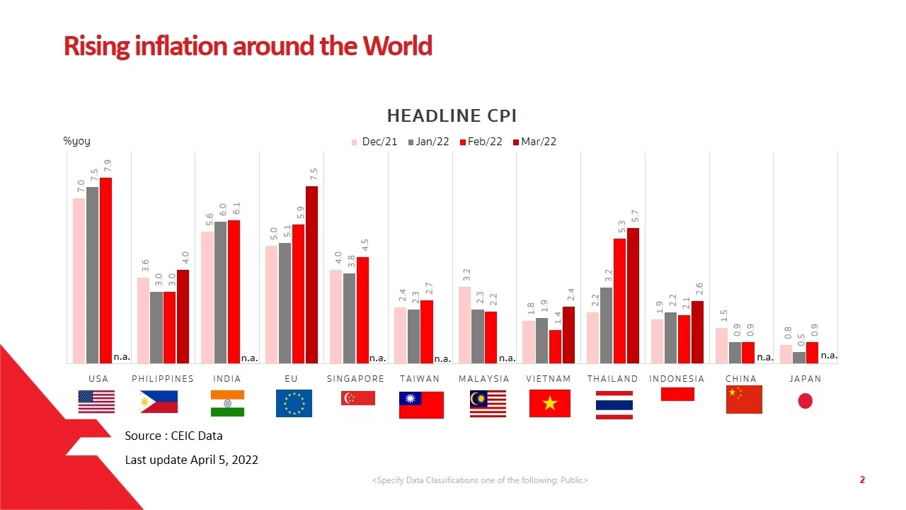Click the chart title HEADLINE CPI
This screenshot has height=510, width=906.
tap(452, 115)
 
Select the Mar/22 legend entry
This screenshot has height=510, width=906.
tap(534, 142)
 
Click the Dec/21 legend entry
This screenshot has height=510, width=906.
tap(375, 142)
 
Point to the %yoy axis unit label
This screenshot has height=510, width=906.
tap(76, 141)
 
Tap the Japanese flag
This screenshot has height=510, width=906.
tap(805, 402)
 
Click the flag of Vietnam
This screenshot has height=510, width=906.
tap(549, 403)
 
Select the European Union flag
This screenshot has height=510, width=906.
tap(293, 403)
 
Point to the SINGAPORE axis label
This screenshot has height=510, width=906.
tap(355, 379)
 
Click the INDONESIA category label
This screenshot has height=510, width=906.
tap(677, 379)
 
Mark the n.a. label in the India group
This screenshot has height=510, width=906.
tap(249, 358)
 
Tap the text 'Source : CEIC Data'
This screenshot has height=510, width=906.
tap(173, 436)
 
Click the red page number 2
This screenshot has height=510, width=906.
tap(862, 480)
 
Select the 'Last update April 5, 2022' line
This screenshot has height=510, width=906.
tap(191, 460)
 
